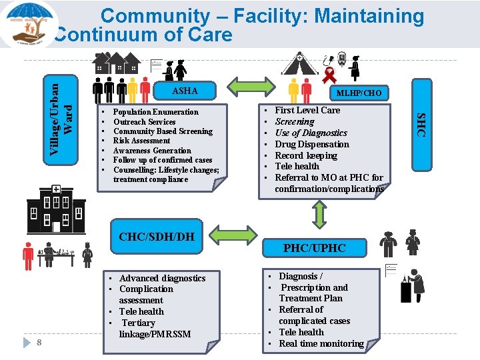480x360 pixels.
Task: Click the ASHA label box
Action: point(185,91)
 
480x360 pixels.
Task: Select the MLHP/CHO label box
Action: point(359,93)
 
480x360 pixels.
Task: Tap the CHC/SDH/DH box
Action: point(157,236)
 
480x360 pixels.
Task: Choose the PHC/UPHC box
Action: point(315,247)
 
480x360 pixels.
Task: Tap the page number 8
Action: point(40,343)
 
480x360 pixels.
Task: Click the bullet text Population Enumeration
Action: point(155,112)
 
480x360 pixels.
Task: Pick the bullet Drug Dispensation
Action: point(312,144)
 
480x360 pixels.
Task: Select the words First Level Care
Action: point(307,110)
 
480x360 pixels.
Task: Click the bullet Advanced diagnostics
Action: point(162,278)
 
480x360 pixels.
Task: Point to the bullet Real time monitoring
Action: point(321,343)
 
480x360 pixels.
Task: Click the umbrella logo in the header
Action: point(28,24)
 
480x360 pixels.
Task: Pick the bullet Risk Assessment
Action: point(141,141)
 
